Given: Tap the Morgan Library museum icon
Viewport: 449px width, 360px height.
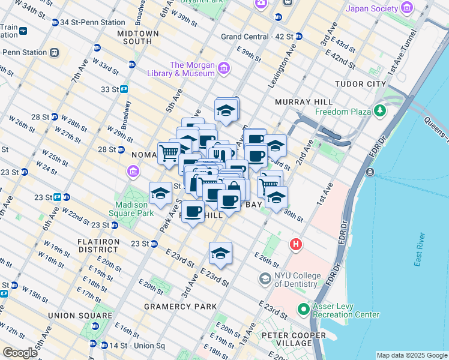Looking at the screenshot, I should pyautogui.click(x=224, y=68).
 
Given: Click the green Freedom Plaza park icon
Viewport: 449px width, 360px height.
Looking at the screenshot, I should pyautogui.click(x=379, y=111).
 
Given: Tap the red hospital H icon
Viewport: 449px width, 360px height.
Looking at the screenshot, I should pyautogui.click(x=295, y=244).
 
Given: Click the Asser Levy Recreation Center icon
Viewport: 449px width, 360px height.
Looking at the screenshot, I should pyautogui.click(x=304, y=310).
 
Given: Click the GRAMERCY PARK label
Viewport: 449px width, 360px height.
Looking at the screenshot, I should pyautogui.click(x=180, y=307).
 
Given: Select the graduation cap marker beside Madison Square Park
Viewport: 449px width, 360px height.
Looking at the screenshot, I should pyautogui.click(x=160, y=193).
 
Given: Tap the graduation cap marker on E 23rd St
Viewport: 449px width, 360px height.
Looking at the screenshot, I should pyautogui.click(x=220, y=253).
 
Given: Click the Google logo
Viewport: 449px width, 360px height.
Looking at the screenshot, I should pyautogui.click(x=20, y=353).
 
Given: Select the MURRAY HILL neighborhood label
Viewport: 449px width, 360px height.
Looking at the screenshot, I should pyautogui.click(x=299, y=103).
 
